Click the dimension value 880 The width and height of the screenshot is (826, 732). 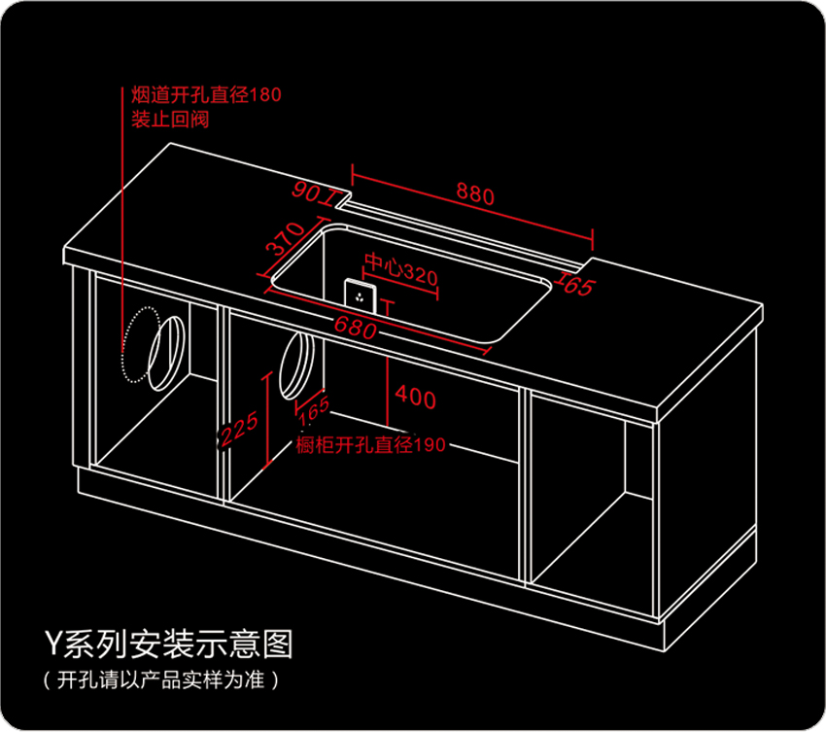click(475, 194)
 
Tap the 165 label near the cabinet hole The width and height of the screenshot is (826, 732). click(313, 410)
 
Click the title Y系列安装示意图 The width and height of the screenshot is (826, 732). click(167, 643)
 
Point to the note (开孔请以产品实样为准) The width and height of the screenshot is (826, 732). click(160, 677)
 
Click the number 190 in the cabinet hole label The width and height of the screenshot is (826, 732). click(430, 445)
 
